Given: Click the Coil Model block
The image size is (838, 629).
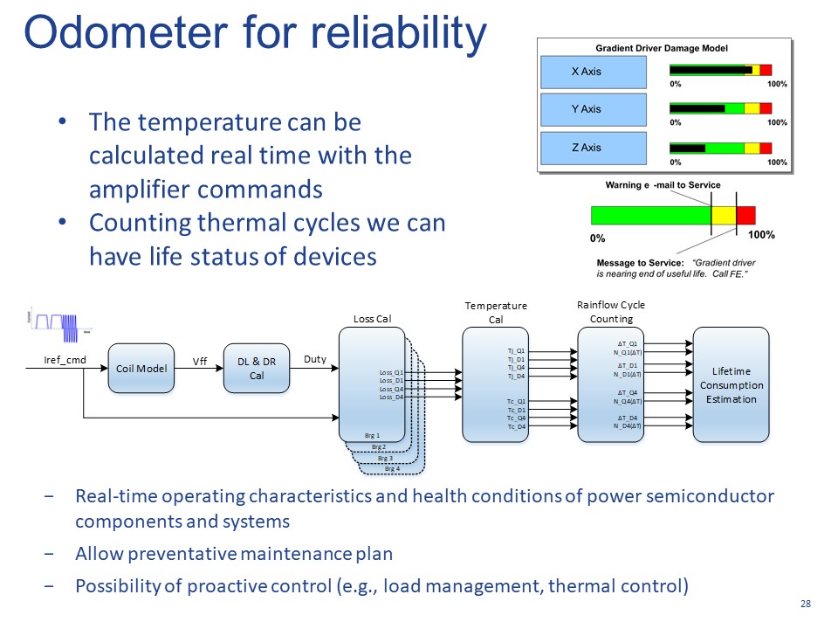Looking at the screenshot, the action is coord(141,369).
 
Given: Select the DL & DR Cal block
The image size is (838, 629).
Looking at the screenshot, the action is coord(257,369).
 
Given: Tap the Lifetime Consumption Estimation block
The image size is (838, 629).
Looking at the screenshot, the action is coord(731,385).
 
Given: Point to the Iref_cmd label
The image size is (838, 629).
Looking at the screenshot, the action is coord(65,359).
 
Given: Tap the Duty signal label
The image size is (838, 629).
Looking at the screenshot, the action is coord(314,359).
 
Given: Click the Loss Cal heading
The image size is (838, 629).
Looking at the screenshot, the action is coord(371,319).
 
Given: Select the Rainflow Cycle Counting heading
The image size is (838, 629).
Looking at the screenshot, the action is coord(611,312).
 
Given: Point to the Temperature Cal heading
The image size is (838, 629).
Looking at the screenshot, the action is coord(496,313).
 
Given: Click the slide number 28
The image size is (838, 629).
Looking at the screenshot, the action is coord(805,605).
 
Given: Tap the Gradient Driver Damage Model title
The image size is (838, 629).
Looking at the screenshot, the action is coord(663,48).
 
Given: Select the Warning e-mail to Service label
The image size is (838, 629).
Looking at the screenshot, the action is coord(663,185).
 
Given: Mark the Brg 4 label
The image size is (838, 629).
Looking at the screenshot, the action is coord(392,469).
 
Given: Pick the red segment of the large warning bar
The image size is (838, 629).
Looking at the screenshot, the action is coord(745,215).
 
